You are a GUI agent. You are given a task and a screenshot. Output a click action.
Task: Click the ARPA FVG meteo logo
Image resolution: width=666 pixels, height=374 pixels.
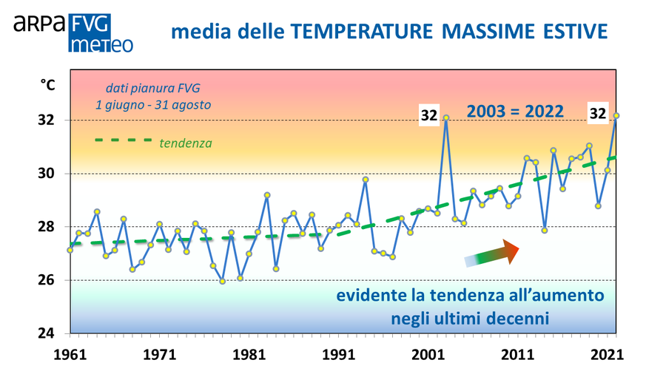(73, 33)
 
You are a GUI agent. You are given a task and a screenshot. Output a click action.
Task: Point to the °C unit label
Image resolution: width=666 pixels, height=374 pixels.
(47, 86)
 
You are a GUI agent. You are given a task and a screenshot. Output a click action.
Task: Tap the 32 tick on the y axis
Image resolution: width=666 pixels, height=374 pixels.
(47, 120)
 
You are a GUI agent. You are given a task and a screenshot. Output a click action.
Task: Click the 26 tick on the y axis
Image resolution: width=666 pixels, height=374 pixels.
(47, 280)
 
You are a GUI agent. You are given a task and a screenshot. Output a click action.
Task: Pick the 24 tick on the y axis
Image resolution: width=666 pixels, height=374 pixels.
(47, 333)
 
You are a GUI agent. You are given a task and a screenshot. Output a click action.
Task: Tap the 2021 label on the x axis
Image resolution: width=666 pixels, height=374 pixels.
(608, 354)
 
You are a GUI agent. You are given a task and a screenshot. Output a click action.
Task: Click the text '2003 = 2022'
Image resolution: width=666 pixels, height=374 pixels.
(514, 112)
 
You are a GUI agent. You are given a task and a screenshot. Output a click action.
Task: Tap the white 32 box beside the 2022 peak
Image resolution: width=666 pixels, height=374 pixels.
(597, 113)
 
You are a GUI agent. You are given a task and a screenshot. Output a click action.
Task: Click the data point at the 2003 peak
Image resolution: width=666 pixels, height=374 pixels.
(446, 117)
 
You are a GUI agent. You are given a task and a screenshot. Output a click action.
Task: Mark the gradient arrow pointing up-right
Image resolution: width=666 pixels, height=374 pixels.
(492, 253)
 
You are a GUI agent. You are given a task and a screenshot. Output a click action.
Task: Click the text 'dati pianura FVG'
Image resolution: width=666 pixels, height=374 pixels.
(152, 87)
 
